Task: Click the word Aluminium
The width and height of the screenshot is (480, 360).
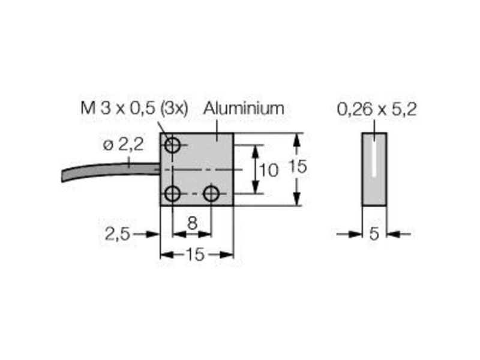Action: click(244, 109)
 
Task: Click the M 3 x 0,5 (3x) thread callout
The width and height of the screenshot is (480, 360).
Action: click(134, 109)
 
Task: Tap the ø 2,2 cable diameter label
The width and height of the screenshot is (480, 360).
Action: click(124, 145)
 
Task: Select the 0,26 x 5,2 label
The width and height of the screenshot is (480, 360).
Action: click(377, 109)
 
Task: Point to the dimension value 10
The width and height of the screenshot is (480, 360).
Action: click(269, 170)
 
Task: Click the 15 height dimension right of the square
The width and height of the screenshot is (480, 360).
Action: click(298, 167)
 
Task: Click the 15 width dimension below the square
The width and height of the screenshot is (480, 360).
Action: click(196, 254)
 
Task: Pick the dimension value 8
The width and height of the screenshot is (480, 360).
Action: click(192, 223)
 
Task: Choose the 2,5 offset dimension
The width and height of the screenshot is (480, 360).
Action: click(118, 235)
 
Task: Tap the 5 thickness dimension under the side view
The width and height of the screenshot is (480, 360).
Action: click(374, 235)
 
